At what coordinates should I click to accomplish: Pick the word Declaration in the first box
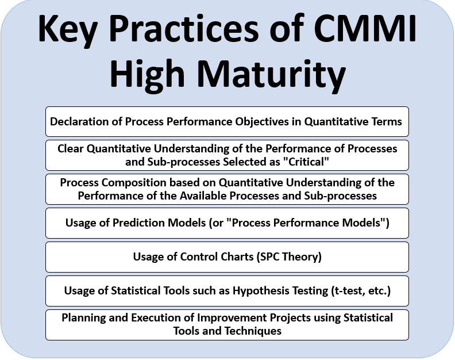[x=77, y=121]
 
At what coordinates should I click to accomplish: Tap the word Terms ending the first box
[x=388, y=121]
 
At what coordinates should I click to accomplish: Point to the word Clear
[x=71, y=149]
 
